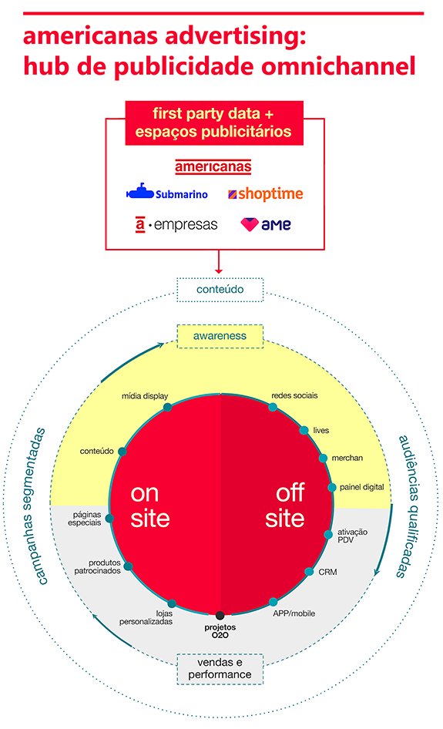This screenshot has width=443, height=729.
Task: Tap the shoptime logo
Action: pyautogui.click(x=266, y=194)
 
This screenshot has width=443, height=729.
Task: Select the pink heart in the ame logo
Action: pyautogui.click(x=250, y=224)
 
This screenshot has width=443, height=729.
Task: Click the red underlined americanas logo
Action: pyautogui.click(x=213, y=166)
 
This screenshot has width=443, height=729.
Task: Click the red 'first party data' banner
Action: pyautogui.click(x=214, y=123)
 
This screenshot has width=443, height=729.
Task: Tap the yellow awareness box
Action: pyautogui.click(x=220, y=336)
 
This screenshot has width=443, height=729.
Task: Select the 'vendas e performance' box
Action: pyautogui.click(x=220, y=669)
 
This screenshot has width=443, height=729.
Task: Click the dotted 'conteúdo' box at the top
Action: pyautogui.click(x=220, y=290)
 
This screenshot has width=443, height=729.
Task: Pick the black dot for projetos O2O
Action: pyautogui.click(x=220, y=616)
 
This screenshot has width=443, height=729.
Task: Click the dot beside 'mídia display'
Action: pyautogui.click(x=167, y=408)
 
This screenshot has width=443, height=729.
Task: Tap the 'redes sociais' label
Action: pyautogui.click(x=295, y=395)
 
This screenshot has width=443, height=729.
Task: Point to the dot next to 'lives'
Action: pyautogui.click(x=304, y=431)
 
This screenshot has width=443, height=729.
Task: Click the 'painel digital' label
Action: pyautogui.click(x=361, y=487)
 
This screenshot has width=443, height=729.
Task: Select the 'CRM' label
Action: pyautogui.click(x=327, y=572)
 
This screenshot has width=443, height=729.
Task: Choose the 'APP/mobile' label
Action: pyautogui.click(x=294, y=613)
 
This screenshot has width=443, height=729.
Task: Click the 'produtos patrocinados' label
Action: pyautogui.click(x=98, y=566)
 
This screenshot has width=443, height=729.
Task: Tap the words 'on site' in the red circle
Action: pyautogui.click(x=149, y=506)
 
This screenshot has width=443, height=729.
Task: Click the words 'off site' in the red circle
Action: pyautogui.click(x=285, y=506)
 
